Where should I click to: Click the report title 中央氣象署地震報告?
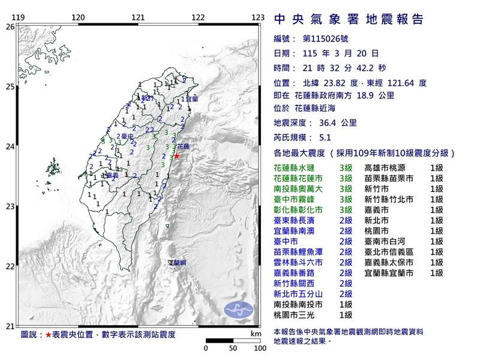pyautogui.click(x=349, y=19)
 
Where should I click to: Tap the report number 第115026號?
pyautogui.click(x=326, y=38)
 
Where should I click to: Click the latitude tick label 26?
pyautogui.click(x=9, y=27)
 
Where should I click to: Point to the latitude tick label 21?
pyautogui.click(x=9, y=326)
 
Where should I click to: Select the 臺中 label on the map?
pyautogui.click(x=127, y=137)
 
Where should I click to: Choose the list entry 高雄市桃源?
pyautogui.click(x=389, y=168)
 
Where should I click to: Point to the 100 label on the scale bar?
pyautogui.click(x=259, y=348)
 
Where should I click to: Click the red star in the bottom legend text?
pyautogui.click(x=49, y=333)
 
